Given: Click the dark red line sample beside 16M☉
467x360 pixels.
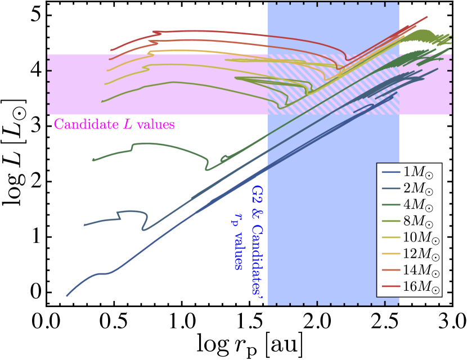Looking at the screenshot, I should (390, 287).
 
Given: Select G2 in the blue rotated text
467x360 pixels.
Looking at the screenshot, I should (257, 195).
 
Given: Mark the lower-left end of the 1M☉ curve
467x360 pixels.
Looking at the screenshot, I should (67, 295).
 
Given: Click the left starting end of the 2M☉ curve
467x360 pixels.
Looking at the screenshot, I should (84, 226).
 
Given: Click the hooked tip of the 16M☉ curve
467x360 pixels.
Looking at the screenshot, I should (154, 32).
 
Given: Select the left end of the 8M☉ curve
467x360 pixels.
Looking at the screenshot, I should (102, 102).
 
